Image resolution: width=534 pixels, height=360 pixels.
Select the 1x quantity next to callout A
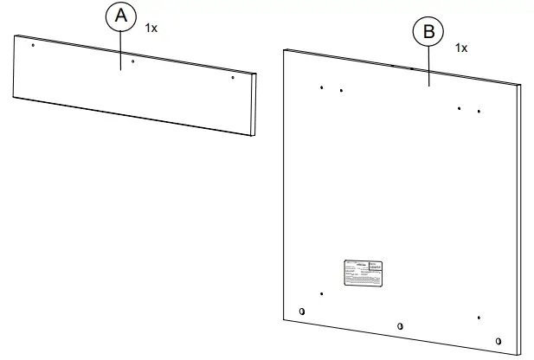tap(151, 29)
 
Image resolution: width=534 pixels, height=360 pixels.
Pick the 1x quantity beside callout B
tap(460, 48)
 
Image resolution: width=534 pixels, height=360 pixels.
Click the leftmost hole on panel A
tap(33, 45)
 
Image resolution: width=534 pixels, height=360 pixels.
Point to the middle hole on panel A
tap(132, 61)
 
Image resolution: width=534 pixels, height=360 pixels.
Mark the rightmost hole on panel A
tap(233, 78)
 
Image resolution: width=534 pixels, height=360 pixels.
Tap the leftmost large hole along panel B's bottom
tap(301, 312)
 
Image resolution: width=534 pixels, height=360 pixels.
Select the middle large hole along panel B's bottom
tap(399, 325)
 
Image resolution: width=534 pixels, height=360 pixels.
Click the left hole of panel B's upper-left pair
tap(321, 87)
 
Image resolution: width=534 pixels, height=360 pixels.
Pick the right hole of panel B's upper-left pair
tap(341, 90)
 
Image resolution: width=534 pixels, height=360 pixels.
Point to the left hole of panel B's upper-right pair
tap(459, 108)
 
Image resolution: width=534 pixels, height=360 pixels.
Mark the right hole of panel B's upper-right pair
tap(479, 112)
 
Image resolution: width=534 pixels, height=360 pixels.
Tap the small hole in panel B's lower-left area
tap(321, 293)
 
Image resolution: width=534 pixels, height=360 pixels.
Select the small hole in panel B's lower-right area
tap(478, 317)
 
